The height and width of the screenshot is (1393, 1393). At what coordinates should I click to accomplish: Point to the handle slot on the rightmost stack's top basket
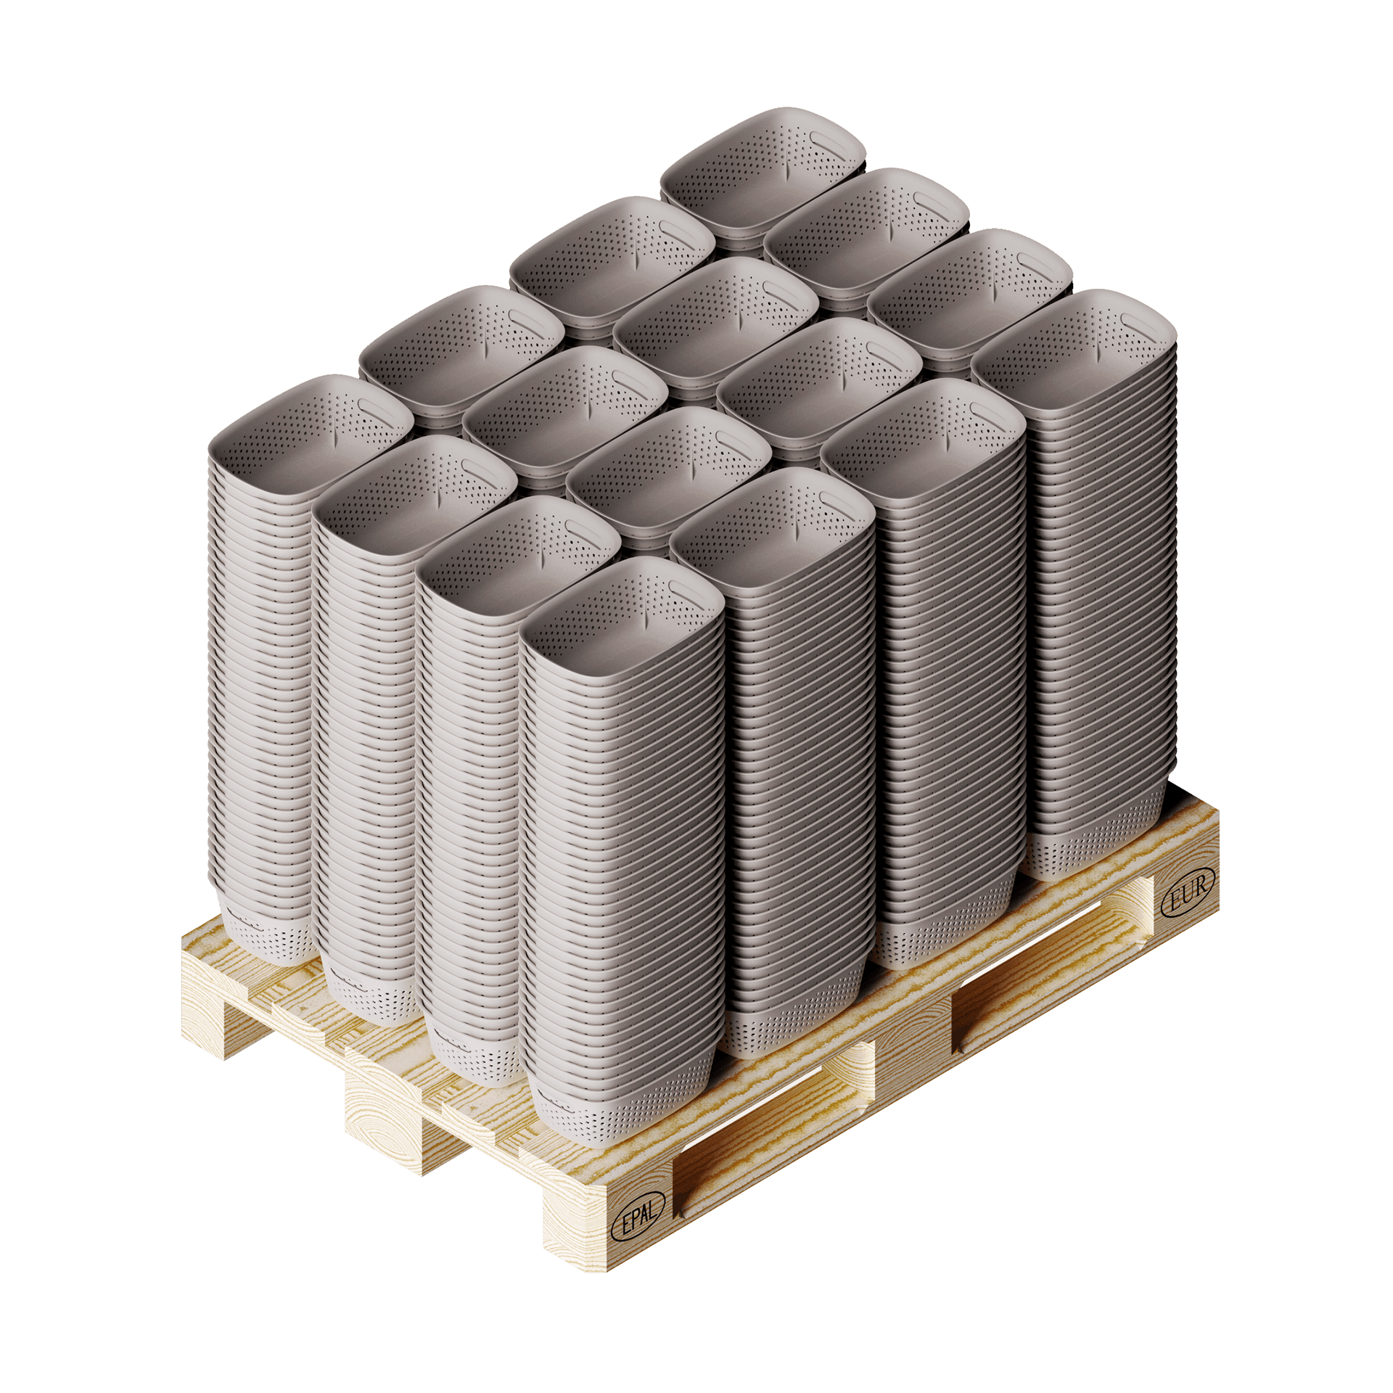[1136, 322]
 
